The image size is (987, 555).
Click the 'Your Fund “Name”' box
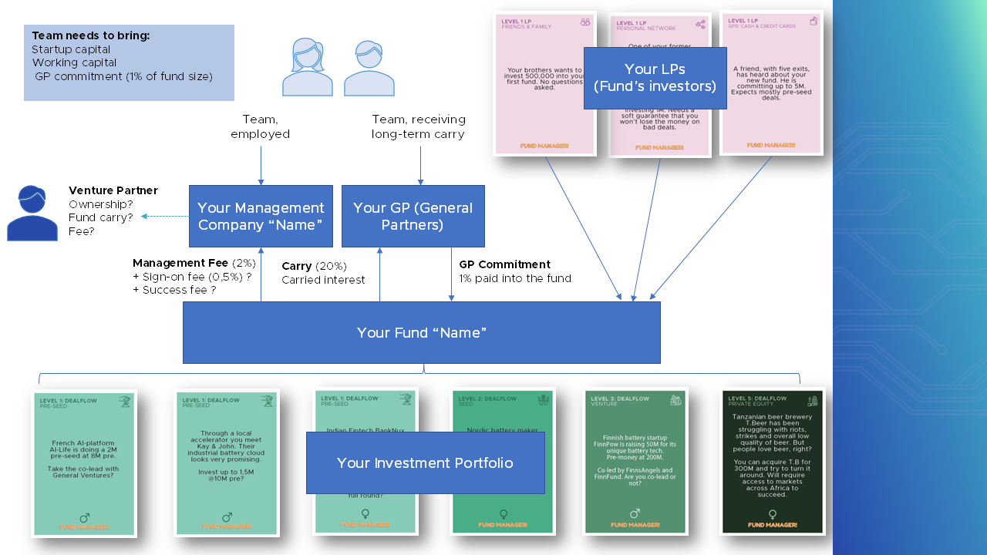[x=421, y=332]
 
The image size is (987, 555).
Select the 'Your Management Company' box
[x=261, y=216]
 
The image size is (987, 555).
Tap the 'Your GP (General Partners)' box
[x=413, y=216]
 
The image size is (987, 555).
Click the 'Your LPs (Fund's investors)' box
[x=655, y=78]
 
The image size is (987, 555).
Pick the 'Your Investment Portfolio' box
[x=425, y=462]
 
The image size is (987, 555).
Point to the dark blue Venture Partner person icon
[x=32, y=214]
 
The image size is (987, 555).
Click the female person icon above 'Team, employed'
[x=307, y=68]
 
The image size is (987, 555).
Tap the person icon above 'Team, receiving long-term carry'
[x=369, y=68]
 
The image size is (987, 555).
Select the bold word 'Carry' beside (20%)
[x=297, y=266]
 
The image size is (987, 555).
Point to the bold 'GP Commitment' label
[x=504, y=264]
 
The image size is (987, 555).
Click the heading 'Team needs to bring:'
[x=91, y=36]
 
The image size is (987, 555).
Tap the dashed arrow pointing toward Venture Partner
[x=163, y=217]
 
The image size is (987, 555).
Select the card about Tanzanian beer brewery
[x=773, y=462]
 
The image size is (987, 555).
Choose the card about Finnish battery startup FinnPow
[x=634, y=462]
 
